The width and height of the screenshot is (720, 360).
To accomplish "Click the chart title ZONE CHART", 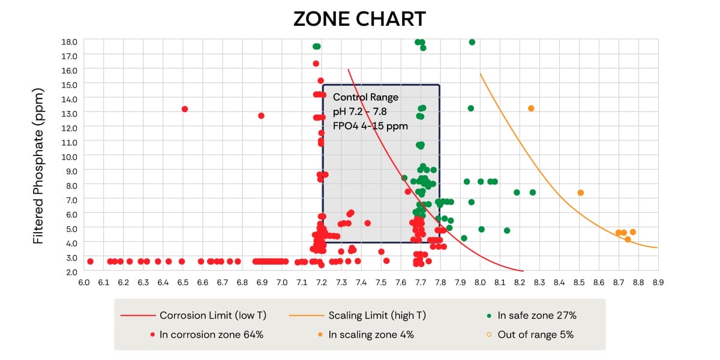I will pyautogui.click(x=359, y=19).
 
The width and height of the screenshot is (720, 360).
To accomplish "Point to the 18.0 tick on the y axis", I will pyautogui.click(x=70, y=41).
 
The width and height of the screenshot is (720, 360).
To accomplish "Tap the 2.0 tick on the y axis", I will pyautogui.click(x=70, y=272).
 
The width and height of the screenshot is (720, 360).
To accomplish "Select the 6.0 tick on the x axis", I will pyautogui.click(x=83, y=282).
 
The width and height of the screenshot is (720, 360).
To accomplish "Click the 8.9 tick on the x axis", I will pyautogui.click(x=658, y=282).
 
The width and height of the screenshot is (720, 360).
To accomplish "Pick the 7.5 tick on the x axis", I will pyautogui.click(x=381, y=282).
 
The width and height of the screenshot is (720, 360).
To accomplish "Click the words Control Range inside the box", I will pyautogui.click(x=365, y=97).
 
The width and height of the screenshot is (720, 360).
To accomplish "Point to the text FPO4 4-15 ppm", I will pyautogui.click(x=370, y=126).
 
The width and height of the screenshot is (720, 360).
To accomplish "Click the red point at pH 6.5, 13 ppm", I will pyautogui.click(x=185, y=109).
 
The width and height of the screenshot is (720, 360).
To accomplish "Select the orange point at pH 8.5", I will pyautogui.click(x=580, y=193).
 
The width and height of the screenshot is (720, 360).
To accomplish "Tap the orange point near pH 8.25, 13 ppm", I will pyautogui.click(x=531, y=109).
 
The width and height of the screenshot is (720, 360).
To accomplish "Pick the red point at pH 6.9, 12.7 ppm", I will pyautogui.click(x=261, y=115).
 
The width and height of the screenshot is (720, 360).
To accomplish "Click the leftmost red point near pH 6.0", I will pyautogui.click(x=90, y=261).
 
